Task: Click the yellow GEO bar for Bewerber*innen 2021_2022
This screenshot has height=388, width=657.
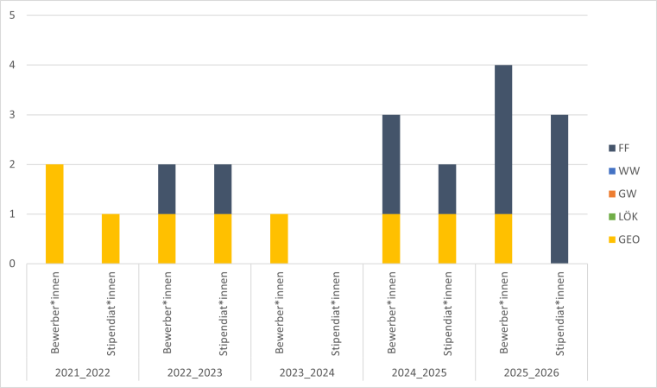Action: [54, 213]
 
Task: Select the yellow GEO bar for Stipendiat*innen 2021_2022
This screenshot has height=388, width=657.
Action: [111, 239]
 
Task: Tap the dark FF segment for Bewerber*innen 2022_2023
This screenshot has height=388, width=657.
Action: [167, 188]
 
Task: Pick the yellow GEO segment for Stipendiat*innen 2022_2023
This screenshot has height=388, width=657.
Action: [223, 239]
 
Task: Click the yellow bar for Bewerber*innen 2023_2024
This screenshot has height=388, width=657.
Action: [279, 239]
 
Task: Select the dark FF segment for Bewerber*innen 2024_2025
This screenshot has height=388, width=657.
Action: [391, 163]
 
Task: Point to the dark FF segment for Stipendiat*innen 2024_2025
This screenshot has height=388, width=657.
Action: [447, 188]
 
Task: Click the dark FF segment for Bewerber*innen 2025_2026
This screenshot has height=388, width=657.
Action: [503, 138]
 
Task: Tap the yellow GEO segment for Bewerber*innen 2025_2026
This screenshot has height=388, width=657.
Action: [503, 239]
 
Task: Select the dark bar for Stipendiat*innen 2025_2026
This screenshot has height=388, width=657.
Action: [559, 188]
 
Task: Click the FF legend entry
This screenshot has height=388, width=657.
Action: [623, 147]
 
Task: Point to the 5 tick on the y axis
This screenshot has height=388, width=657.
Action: [11, 15]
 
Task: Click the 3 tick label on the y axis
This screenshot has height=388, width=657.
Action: [11, 114]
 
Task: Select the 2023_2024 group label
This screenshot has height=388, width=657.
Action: [306, 372]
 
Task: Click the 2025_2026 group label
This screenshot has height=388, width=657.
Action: [531, 372]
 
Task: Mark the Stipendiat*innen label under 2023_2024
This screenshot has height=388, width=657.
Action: [335, 314]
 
